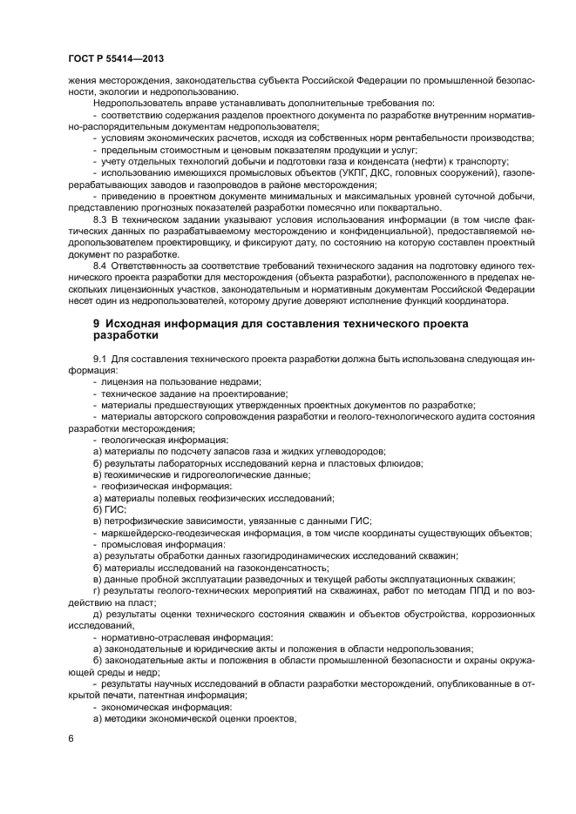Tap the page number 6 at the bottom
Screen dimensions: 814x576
[x=71, y=738]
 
